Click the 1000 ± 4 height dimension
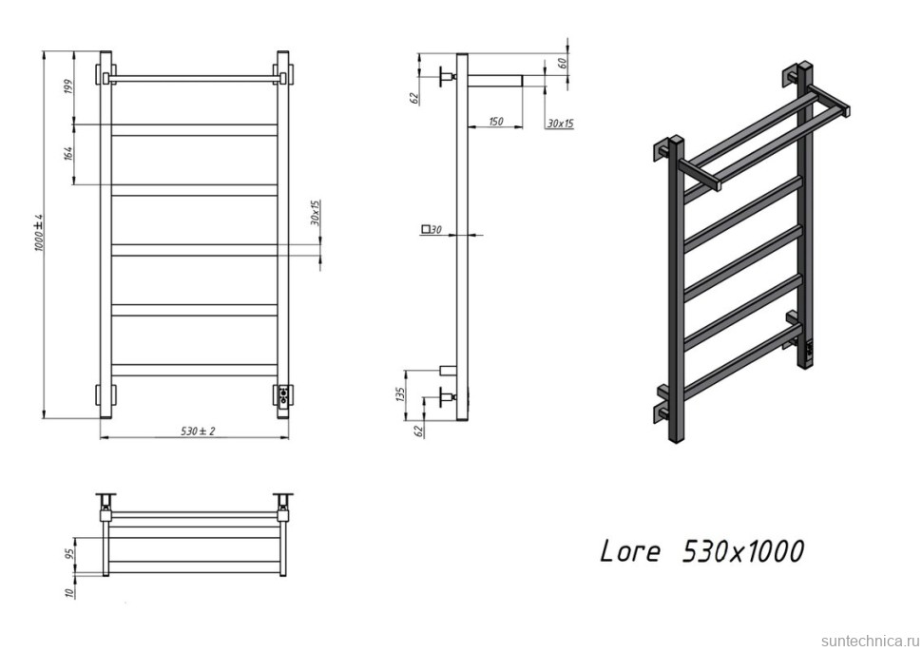click(40, 231)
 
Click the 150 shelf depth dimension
click(495, 122)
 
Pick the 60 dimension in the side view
click(562, 64)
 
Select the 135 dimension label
click(403, 393)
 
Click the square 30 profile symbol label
click(432, 229)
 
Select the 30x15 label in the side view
click(560, 124)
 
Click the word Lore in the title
click(629, 551)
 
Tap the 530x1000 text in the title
click(743, 551)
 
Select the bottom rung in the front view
click(194, 370)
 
